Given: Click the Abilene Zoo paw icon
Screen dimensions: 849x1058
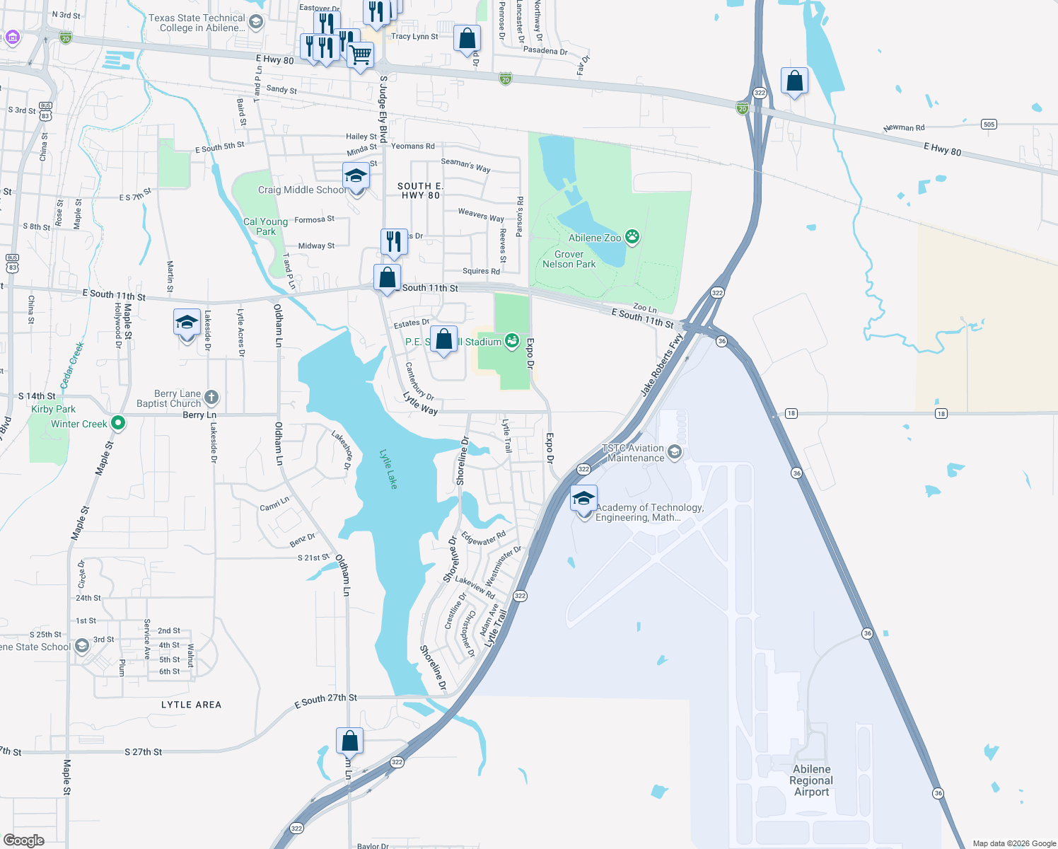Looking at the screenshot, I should pos(633,237).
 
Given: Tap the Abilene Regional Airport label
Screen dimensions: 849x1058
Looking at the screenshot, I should pos(811,780).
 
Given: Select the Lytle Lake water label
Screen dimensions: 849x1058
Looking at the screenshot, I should pos(388,469).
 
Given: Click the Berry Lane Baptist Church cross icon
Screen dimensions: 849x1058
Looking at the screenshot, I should pos(211,398).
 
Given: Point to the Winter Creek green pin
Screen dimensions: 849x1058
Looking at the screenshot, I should pos(118,423).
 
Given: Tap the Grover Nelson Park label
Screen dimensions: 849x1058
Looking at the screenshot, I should pos(569,259).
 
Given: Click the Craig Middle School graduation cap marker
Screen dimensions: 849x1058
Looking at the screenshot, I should pos(356,176).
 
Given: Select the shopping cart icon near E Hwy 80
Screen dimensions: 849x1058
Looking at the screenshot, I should pos(361,54).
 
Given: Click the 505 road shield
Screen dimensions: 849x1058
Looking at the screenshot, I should pos(989,125).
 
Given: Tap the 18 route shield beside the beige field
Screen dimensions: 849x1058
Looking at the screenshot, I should pos(941,413).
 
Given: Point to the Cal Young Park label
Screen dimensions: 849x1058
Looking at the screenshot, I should pos(265,226).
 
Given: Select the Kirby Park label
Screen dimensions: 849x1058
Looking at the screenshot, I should pos(53,409).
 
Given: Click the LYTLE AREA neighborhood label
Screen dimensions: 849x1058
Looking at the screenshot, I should pos(191,705).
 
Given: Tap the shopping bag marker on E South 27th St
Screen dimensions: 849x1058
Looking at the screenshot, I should pos(349,741).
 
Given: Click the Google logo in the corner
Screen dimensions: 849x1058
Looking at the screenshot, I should pos(23,840).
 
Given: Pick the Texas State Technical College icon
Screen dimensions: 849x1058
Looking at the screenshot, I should pos(256,22).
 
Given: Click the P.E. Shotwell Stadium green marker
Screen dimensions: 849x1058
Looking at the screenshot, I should pos(512,341).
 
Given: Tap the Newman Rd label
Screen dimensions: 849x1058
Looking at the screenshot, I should pos(904,128).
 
